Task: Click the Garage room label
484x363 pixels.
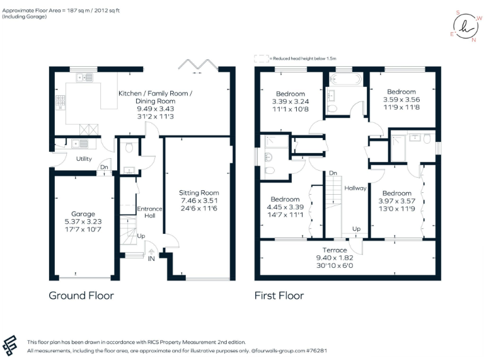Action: [83, 214]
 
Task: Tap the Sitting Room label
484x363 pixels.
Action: [199, 193]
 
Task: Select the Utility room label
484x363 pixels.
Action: [84, 159]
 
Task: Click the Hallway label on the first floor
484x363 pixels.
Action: [355, 188]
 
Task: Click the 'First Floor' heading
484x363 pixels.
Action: [279, 295]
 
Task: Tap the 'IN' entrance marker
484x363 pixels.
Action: [151, 258]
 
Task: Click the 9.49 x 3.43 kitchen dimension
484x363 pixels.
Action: [155, 109]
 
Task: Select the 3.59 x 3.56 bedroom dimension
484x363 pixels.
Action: [401, 100]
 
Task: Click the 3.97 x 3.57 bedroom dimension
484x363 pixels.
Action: [396, 201]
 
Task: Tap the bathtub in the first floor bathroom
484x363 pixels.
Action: [344, 81]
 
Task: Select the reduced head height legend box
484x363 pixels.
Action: [261, 59]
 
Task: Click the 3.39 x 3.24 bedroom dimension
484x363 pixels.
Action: [289, 101]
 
